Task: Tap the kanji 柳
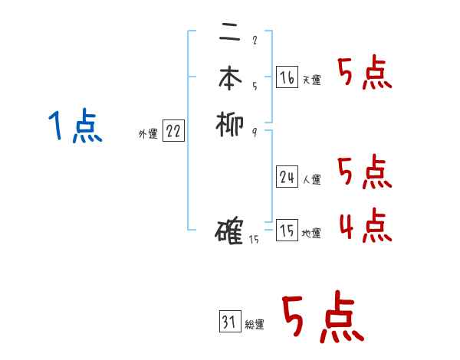[x=229, y=124]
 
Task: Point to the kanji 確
[x=230, y=231]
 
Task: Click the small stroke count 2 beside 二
[x=255, y=41]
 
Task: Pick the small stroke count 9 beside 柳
[x=255, y=132]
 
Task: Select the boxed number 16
[x=287, y=77]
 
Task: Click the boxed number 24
[x=287, y=177]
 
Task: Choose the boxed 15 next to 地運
[x=287, y=231]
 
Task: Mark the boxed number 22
[x=173, y=132]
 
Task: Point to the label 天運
[x=311, y=80]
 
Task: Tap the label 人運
[x=311, y=180]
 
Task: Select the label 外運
[x=148, y=134]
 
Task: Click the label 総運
[x=255, y=326]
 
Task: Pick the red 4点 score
[x=364, y=227]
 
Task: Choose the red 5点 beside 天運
[x=364, y=74]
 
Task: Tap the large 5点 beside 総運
[x=322, y=318]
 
